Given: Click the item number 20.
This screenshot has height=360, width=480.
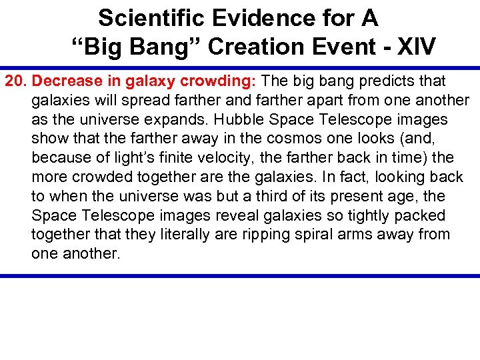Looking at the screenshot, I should [x=16, y=81].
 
